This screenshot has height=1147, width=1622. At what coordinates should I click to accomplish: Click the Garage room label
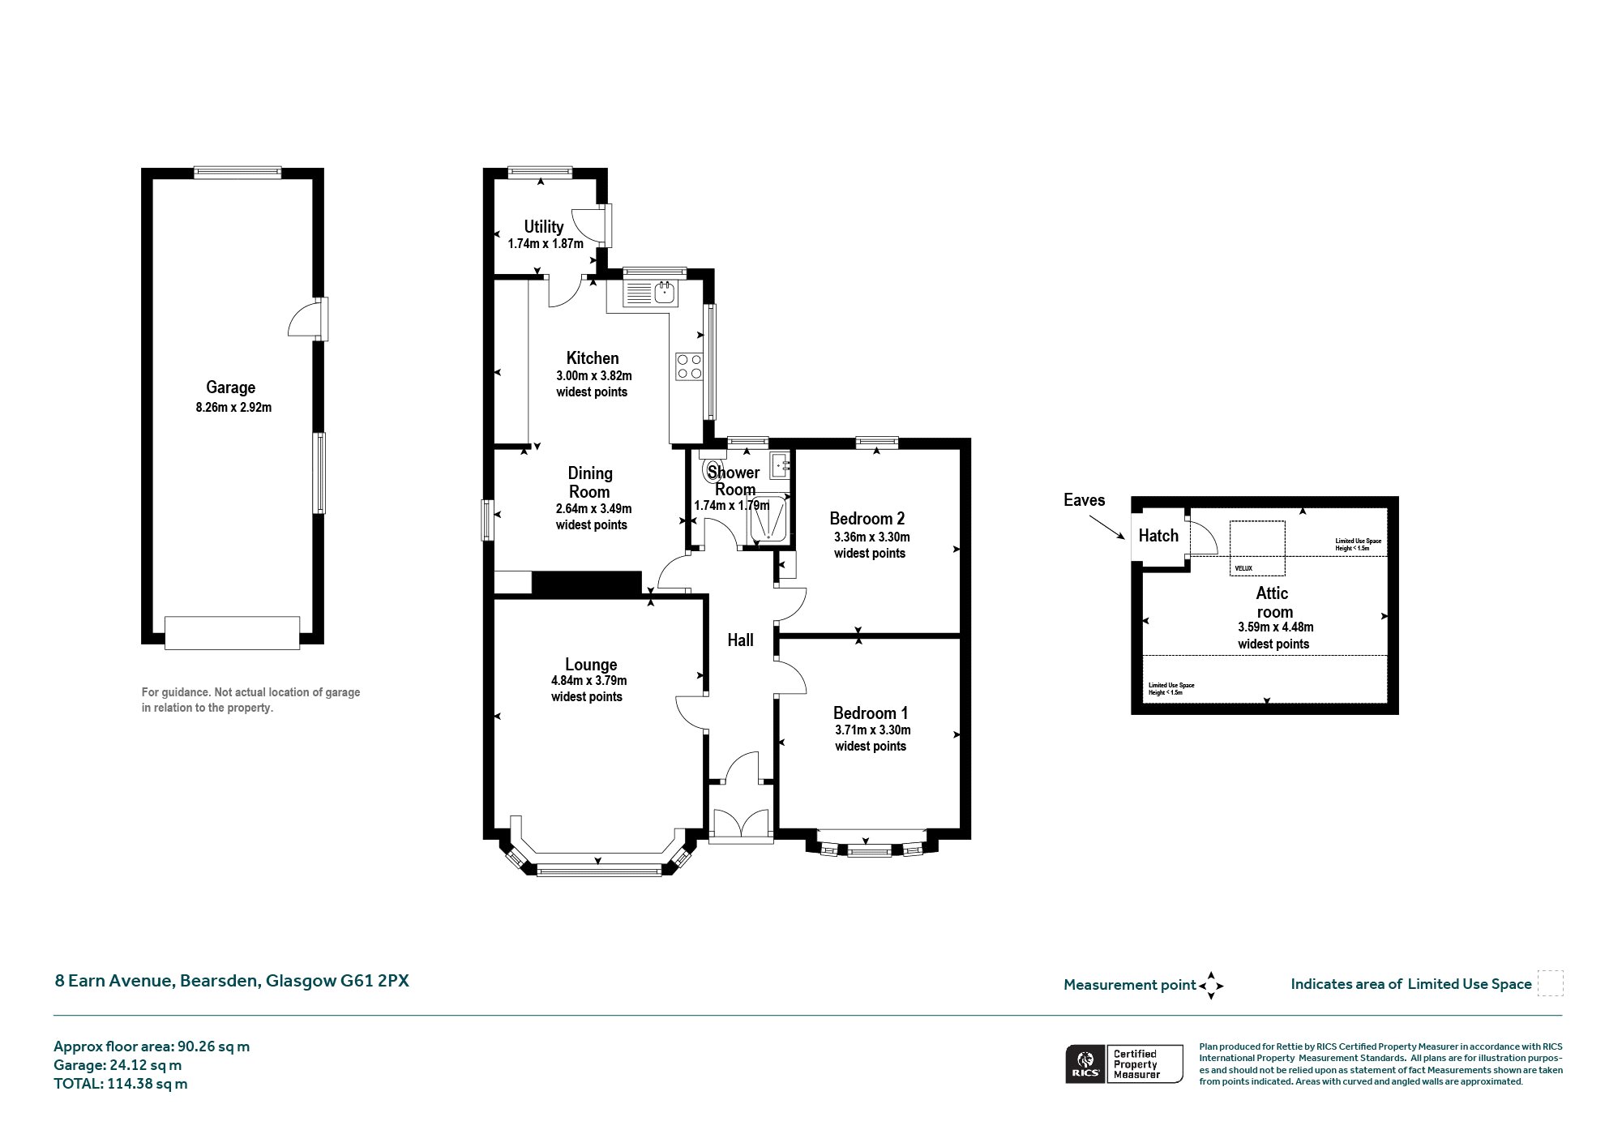[x=230, y=388]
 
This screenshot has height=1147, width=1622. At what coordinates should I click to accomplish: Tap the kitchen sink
[x=665, y=293]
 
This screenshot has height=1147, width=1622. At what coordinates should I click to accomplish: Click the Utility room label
[x=543, y=227]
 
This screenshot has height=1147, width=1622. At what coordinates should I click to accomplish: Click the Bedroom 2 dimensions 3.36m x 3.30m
[x=871, y=537]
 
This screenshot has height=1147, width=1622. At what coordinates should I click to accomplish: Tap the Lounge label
[x=591, y=665]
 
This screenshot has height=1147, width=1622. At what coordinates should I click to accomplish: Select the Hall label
[x=740, y=640]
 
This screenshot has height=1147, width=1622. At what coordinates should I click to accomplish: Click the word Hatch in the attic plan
[x=1158, y=536]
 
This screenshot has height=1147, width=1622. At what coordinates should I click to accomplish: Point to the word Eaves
[x=1084, y=500]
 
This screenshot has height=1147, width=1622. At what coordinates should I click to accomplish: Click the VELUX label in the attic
[x=1243, y=568]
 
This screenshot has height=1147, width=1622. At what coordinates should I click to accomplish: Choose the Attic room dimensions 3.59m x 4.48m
[x=1276, y=627]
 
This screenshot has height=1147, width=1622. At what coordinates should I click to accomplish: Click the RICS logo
[x=1085, y=1064]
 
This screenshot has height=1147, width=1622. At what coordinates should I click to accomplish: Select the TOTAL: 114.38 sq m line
[x=120, y=1084]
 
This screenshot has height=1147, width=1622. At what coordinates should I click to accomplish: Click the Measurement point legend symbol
[x=1211, y=986]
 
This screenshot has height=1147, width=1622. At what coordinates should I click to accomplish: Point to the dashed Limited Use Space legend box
[x=1550, y=983]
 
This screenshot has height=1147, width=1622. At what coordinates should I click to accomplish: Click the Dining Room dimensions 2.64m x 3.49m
[x=593, y=509]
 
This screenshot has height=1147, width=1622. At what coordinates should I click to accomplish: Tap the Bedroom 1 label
[x=871, y=713]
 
